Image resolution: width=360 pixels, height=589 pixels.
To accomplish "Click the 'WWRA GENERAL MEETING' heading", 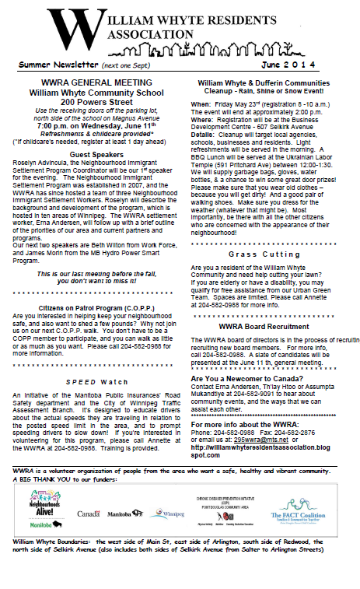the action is tap(94, 82).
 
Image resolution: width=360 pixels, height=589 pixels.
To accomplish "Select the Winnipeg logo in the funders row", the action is tap(173, 515).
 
